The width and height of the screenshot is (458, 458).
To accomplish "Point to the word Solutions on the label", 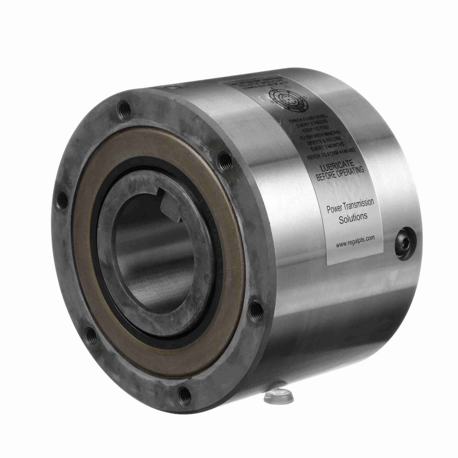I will pyautogui.click(x=353, y=217).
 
